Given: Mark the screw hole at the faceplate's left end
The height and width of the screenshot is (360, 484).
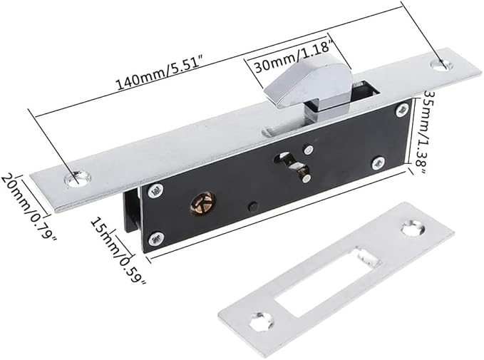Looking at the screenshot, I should click(x=75, y=178).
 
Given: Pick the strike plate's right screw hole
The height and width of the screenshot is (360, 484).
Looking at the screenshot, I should click(x=411, y=229).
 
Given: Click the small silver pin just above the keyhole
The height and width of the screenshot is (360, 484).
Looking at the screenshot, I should click(x=305, y=149).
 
